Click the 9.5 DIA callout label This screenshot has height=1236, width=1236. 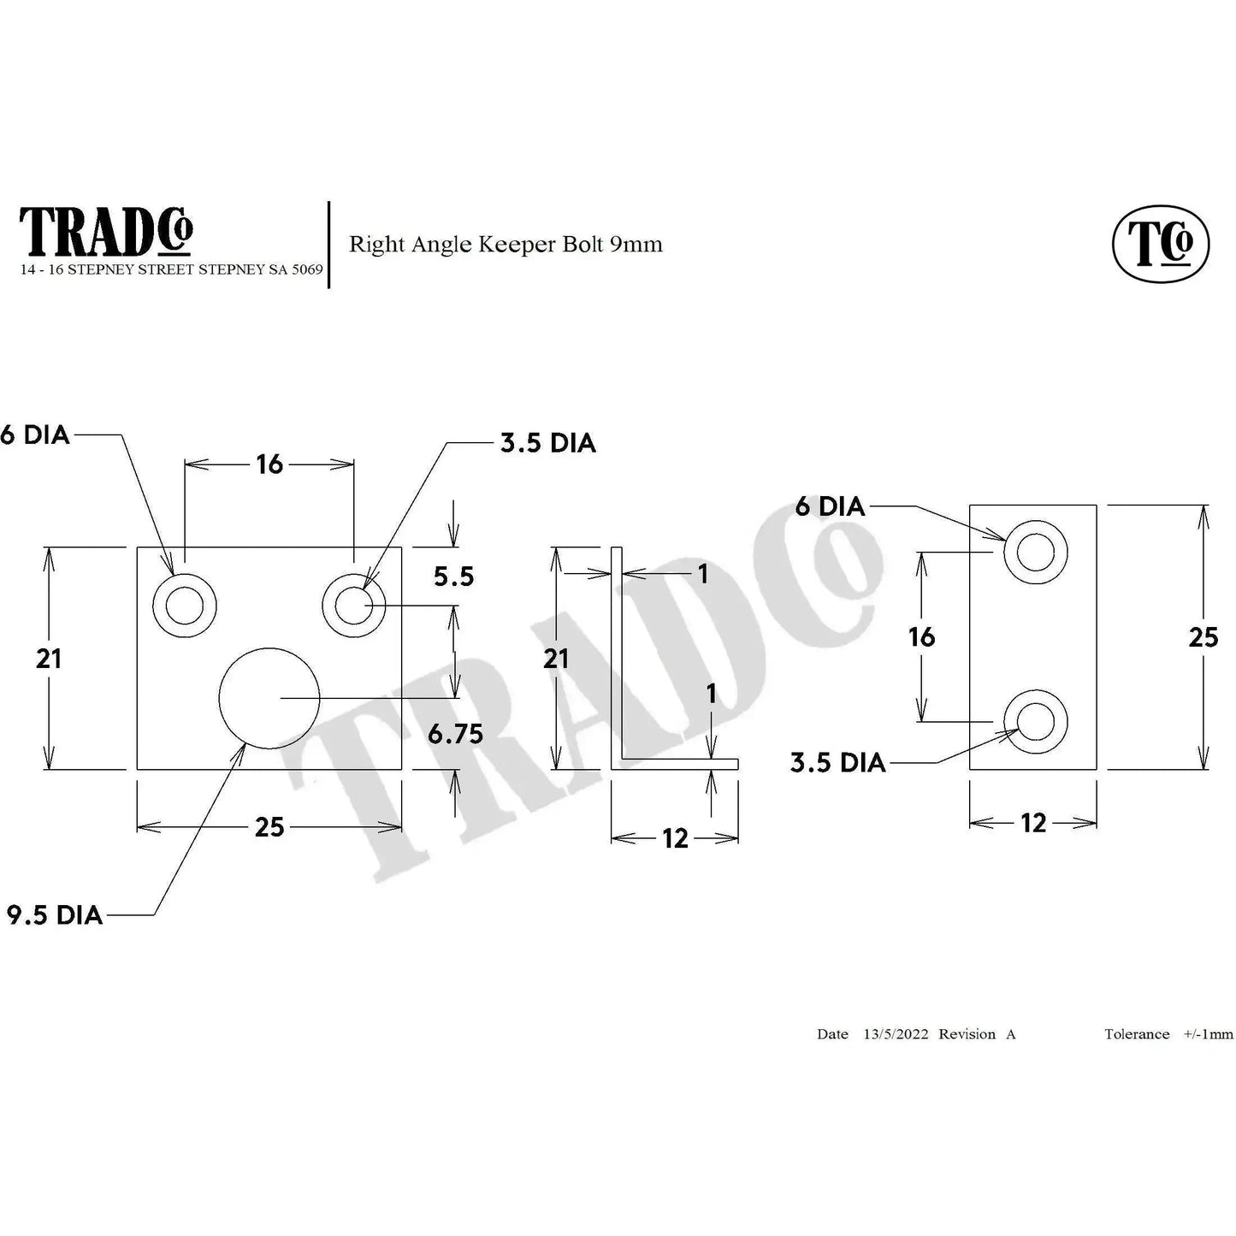(x=55, y=915)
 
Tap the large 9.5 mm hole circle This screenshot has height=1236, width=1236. (x=269, y=698)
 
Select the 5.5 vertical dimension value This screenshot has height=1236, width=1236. (x=453, y=577)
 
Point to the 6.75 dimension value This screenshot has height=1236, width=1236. (x=455, y=734)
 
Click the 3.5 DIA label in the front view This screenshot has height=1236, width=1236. (x=548, y=443)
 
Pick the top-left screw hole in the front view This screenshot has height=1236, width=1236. (x=185, y=606)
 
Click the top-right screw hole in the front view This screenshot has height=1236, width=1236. (x=353, y=606)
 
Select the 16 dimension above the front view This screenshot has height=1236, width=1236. (x=269, y=464)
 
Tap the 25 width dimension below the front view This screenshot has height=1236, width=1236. (x=269, y=827)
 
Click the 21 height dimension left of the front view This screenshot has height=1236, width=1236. (x=49, y=659)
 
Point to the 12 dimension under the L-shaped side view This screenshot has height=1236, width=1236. (x=675, y=839)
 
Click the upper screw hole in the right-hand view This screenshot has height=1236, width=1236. (x=1036, y=552)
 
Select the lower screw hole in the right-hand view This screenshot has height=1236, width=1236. (x=1036, y=721)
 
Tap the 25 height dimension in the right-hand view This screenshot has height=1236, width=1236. (x=1203, y=637)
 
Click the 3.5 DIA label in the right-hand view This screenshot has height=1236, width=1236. (x=838, y=763)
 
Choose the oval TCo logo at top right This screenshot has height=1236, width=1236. (x=1161, y=244)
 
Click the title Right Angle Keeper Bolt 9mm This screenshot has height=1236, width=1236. (x=506, y=245)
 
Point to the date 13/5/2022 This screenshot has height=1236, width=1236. (x=895, y=1034)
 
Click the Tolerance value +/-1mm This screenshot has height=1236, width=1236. (x=1208, y=1034)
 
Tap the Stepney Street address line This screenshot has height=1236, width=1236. (x=172, y=270)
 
